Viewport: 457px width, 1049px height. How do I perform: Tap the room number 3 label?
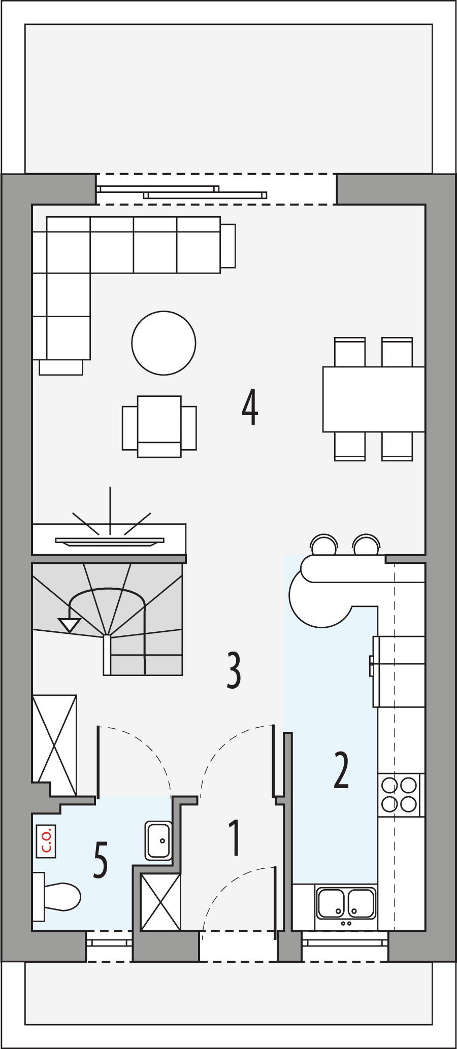(x=234, y=670)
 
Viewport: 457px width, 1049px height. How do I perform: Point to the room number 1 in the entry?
(x=234, y=838)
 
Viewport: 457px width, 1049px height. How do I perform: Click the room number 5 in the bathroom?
(x=101, y=860)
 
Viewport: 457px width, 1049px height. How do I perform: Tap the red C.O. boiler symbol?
(x=46, y=841)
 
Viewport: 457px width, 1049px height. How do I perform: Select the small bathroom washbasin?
(x=158, y=840)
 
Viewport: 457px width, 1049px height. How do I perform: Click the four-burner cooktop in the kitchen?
(x=400, y=795)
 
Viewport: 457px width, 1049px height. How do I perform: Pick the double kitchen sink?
(x=346, y=903)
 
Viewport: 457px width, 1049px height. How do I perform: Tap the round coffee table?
(x=164, y=343)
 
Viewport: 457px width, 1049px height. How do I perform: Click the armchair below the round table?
(x=159, y=426)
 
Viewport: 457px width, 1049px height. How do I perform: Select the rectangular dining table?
(x=374, y=399)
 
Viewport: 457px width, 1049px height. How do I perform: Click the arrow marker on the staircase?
(x=70, y=625)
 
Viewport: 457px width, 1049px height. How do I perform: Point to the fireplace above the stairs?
(x=109, y=540)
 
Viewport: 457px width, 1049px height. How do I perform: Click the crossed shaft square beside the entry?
(x=160, y=902)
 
